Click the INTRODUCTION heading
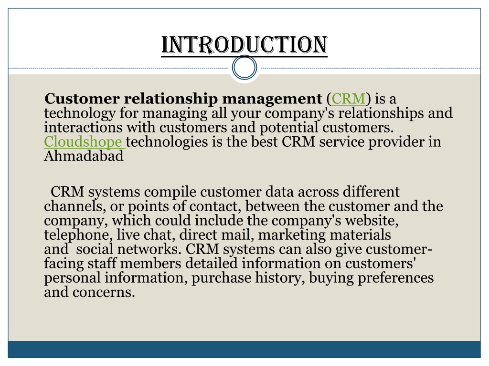click(244, 45)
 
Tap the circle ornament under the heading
click(244, 68)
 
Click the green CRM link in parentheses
click(348, 99)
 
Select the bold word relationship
click(171, 99)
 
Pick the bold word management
click(272, 100)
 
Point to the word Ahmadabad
click(84, 156)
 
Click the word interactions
click(83, 127)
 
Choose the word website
click(371, 221)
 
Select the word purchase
click(221, 278)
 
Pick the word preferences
click(395, 278)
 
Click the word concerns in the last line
click(104, 293)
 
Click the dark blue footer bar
click(244, 349)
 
